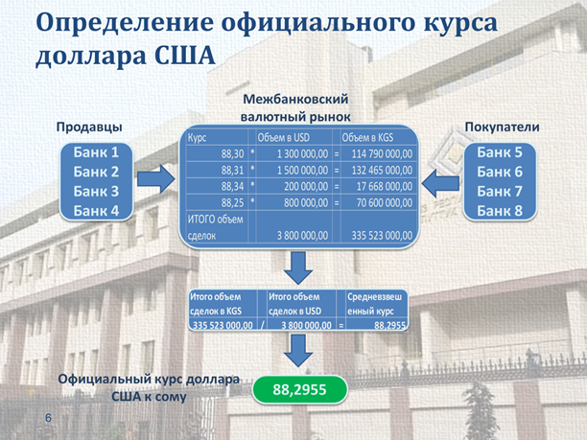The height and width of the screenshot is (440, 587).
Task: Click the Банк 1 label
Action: pyautogui.click(x=96, y=152)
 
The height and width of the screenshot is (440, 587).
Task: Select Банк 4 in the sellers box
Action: pyautogui.click(x=96, y=211)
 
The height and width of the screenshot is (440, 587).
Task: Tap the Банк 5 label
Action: pyautogui.click(x=500, y=152)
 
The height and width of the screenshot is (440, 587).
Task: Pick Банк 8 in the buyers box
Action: pyautogui.click(x=500, y=211)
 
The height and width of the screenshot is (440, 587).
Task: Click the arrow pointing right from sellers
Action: pyautogui.click(x=155, y=179)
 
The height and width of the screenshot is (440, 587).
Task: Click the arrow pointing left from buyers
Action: pyautogui.click(x=440, y=183)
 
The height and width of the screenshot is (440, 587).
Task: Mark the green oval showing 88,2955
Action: pyautogui.click(x=300, y=389)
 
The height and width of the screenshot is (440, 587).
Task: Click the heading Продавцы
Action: pyautogui.click(x=89, y=127)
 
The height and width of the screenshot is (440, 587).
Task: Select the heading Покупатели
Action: pyautogui.click(x=502, y=127)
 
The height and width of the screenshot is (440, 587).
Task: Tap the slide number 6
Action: pyautogui.click(x=48, y=418)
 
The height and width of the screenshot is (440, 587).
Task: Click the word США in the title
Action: pyautogui.click(x=185, y=56)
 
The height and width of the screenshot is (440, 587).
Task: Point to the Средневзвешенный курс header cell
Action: pyautogui.click(x=374, y=304)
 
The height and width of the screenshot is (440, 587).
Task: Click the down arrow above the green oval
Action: pyautogui.click(x=298, y=351)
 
